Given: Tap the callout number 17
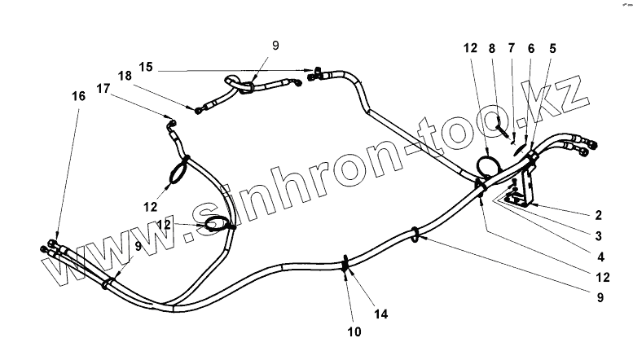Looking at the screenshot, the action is pos(103,87).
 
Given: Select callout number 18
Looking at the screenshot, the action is pos(125,76).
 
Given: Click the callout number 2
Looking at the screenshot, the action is pos(598,215).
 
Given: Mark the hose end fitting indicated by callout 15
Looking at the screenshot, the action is pos(317,71).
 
